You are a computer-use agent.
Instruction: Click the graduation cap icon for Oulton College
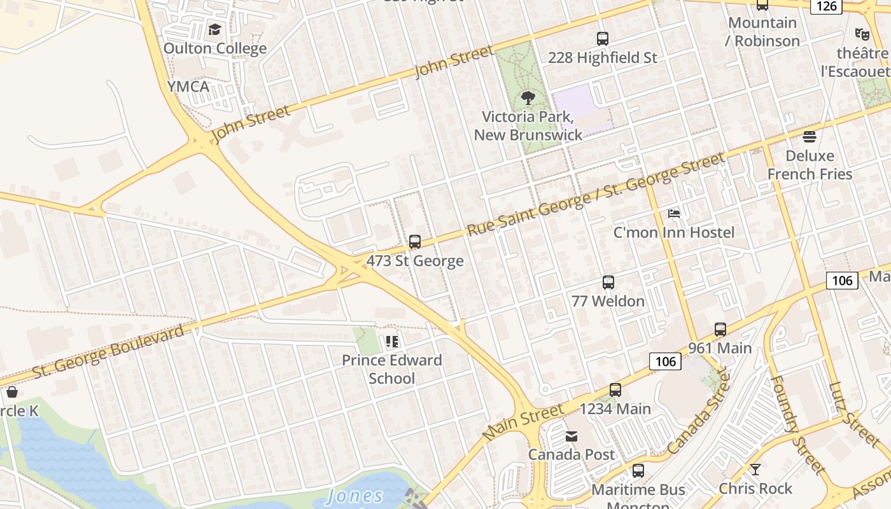pos(214,30)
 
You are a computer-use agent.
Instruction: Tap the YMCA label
pos(188,87)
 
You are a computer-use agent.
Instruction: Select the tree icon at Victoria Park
pos(528,98)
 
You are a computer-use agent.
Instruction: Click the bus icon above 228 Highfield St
pos(602,39)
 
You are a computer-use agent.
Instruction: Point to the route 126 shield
pos(826,6)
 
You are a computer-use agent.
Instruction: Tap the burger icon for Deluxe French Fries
pos(809,137)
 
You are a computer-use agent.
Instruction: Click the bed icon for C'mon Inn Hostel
pos(674,214)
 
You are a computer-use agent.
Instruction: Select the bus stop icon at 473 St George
pos(415,242)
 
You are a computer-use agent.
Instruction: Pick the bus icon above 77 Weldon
pos(608,282)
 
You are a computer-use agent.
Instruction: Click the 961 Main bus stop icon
pos(720,330)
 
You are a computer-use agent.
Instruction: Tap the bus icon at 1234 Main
pos(615,390)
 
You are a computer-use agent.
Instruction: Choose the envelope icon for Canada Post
pos(572,436)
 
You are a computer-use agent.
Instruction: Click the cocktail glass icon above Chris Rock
pos(755,470)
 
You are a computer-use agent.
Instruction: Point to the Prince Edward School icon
pos(392,342)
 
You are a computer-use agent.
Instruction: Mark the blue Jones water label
pos(355,496)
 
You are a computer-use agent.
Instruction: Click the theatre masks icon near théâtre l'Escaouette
pos(862,34)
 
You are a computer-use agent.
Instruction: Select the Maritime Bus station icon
pos(638,471)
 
